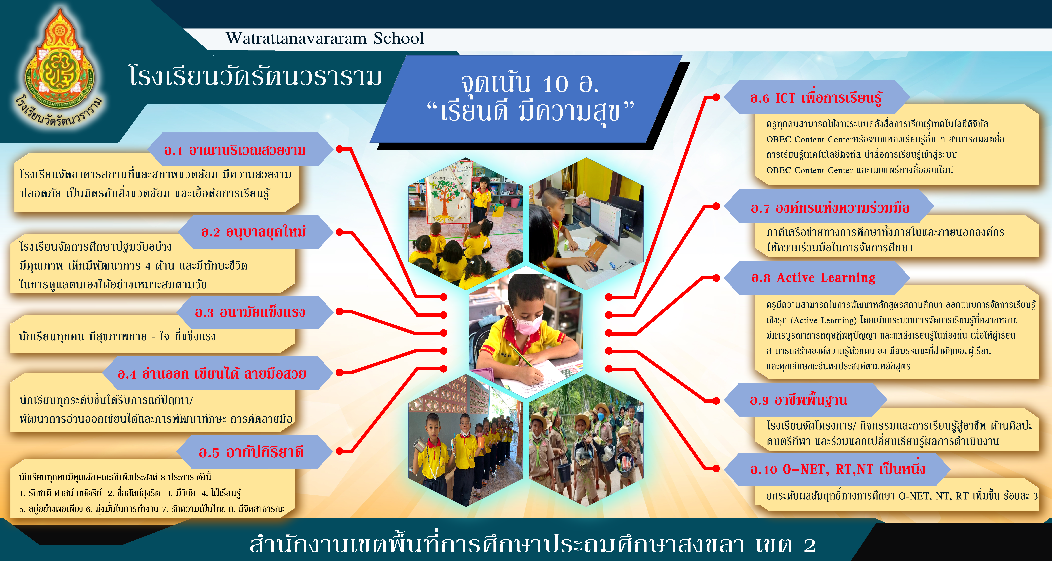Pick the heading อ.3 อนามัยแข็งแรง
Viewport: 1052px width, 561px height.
250,312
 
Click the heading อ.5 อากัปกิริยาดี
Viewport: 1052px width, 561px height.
251,452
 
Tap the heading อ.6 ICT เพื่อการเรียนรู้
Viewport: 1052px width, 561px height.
816,98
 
